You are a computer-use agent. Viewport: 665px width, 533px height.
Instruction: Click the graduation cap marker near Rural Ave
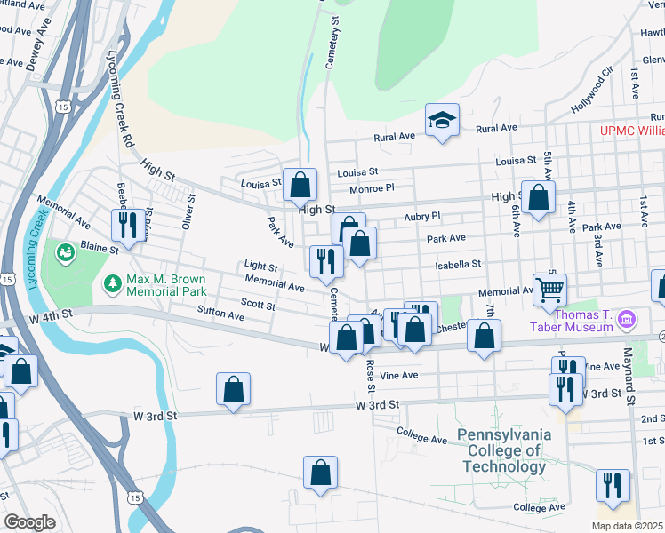pyautogui.click(x=442, y=120)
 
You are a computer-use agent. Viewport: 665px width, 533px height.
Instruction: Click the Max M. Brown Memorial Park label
pyautogui.click(x=167, y=286)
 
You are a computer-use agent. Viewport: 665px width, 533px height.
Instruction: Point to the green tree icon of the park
pyautogui.click(x=112, y=283)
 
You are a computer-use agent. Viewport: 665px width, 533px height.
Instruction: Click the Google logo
pyautogui.click(x=28, y=521)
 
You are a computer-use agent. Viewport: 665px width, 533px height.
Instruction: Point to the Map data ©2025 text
pyautogui.click(x=628, y=525)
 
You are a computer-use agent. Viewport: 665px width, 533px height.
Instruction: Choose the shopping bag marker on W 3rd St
pyautogui.click(x=233, y=388)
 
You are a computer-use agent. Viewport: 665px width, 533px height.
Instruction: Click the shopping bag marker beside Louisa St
pyautogui.click(x=300, y=185)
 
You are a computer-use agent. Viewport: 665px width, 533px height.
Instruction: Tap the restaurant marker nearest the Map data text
pyautogui.click(x=613, y=485)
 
